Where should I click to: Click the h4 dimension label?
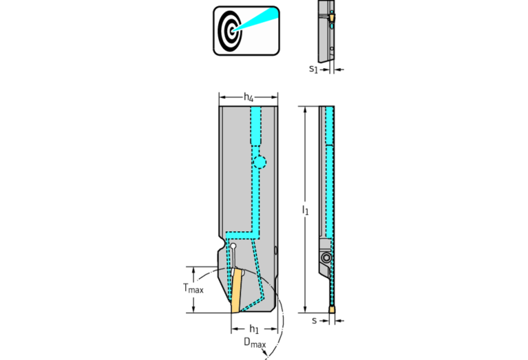(249, 97)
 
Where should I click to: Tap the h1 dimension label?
(254, 329)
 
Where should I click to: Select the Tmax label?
(193, 288)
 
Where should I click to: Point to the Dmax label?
(255, 343)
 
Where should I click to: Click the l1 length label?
(305, 210)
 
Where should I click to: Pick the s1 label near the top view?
(313, 69)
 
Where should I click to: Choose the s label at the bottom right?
(314, 321)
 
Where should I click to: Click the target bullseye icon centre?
(231, 31)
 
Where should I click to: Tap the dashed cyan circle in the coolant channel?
(260, 162)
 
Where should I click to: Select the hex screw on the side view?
(326, 258)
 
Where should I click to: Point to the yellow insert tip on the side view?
(332, 309)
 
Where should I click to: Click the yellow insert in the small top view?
(332, 17)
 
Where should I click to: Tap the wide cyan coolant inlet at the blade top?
(256, 126)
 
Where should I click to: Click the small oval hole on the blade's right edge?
(276, 251)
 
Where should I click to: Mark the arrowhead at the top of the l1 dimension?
(305, 109)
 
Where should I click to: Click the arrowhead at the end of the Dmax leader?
(267, 353)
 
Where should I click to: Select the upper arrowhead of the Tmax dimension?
(193, 270)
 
